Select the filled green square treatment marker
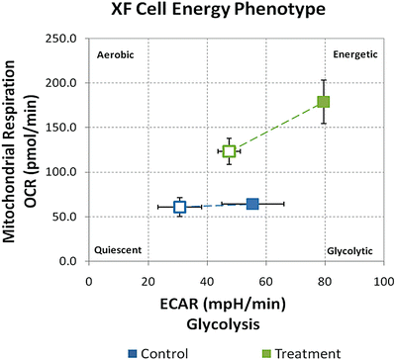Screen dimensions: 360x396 pyautogui.click(x=323, y=102)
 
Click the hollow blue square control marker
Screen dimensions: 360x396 pyautogui.click(x=180, y=207)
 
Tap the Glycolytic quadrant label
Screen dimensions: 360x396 pyautogui.click(x=349, y=250)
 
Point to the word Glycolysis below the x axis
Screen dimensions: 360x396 pyautogui.click(x=236, y=321)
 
